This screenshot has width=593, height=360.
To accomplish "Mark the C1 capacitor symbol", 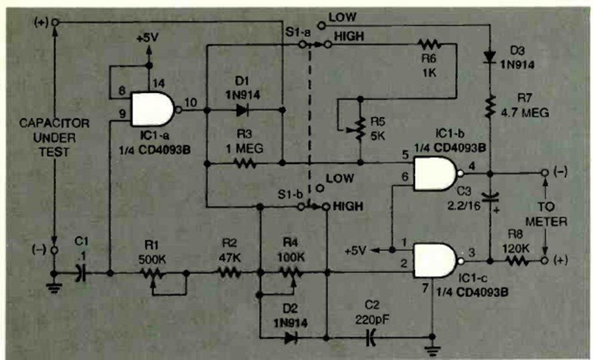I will click(82, 273).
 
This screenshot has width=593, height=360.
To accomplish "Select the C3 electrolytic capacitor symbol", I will click(491, 197).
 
